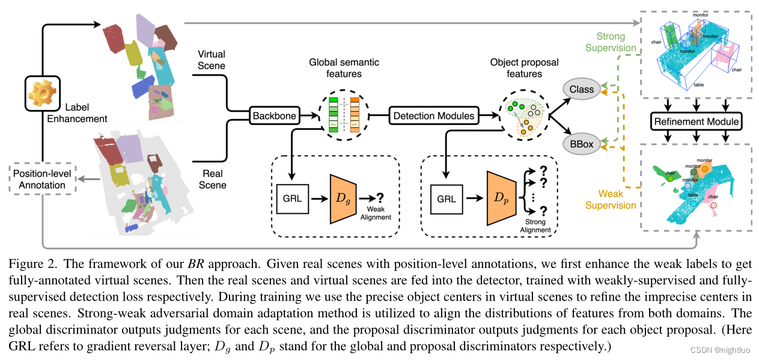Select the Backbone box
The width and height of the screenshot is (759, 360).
274,115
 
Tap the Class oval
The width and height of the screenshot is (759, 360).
581,90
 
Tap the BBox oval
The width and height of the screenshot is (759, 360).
581,143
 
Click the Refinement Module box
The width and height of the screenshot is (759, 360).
697,122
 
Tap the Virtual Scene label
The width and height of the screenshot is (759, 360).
212,60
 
